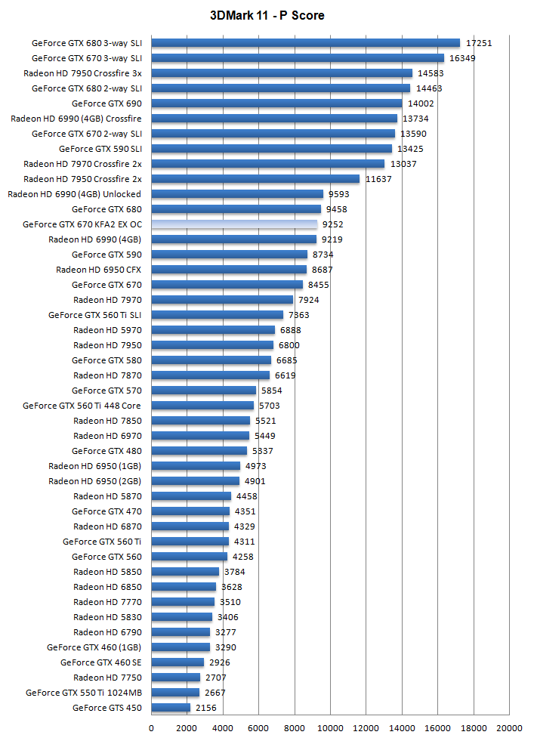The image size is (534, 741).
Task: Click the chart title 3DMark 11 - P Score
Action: coord(267,15)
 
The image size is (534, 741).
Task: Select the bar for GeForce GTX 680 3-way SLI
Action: coord(305,43)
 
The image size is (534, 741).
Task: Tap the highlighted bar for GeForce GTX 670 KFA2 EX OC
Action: coord(234,224)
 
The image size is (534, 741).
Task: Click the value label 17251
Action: coord(479,43)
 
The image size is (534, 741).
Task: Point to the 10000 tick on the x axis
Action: coord(330,728)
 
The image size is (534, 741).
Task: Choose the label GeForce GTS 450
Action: coord(106,708)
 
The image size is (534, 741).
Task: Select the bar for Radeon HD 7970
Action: coord(222,300)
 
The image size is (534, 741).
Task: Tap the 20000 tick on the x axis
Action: coord(509,728)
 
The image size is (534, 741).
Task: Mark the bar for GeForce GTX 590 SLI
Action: coord(272,149)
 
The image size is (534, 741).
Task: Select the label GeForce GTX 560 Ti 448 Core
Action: coord(82,406)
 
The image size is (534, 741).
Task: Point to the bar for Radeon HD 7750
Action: coord(175,678)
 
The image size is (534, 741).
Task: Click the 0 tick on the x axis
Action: coord(151,728)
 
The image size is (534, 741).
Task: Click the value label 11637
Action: coord(378,179)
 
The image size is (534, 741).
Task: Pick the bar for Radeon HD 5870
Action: coord(191,496)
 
